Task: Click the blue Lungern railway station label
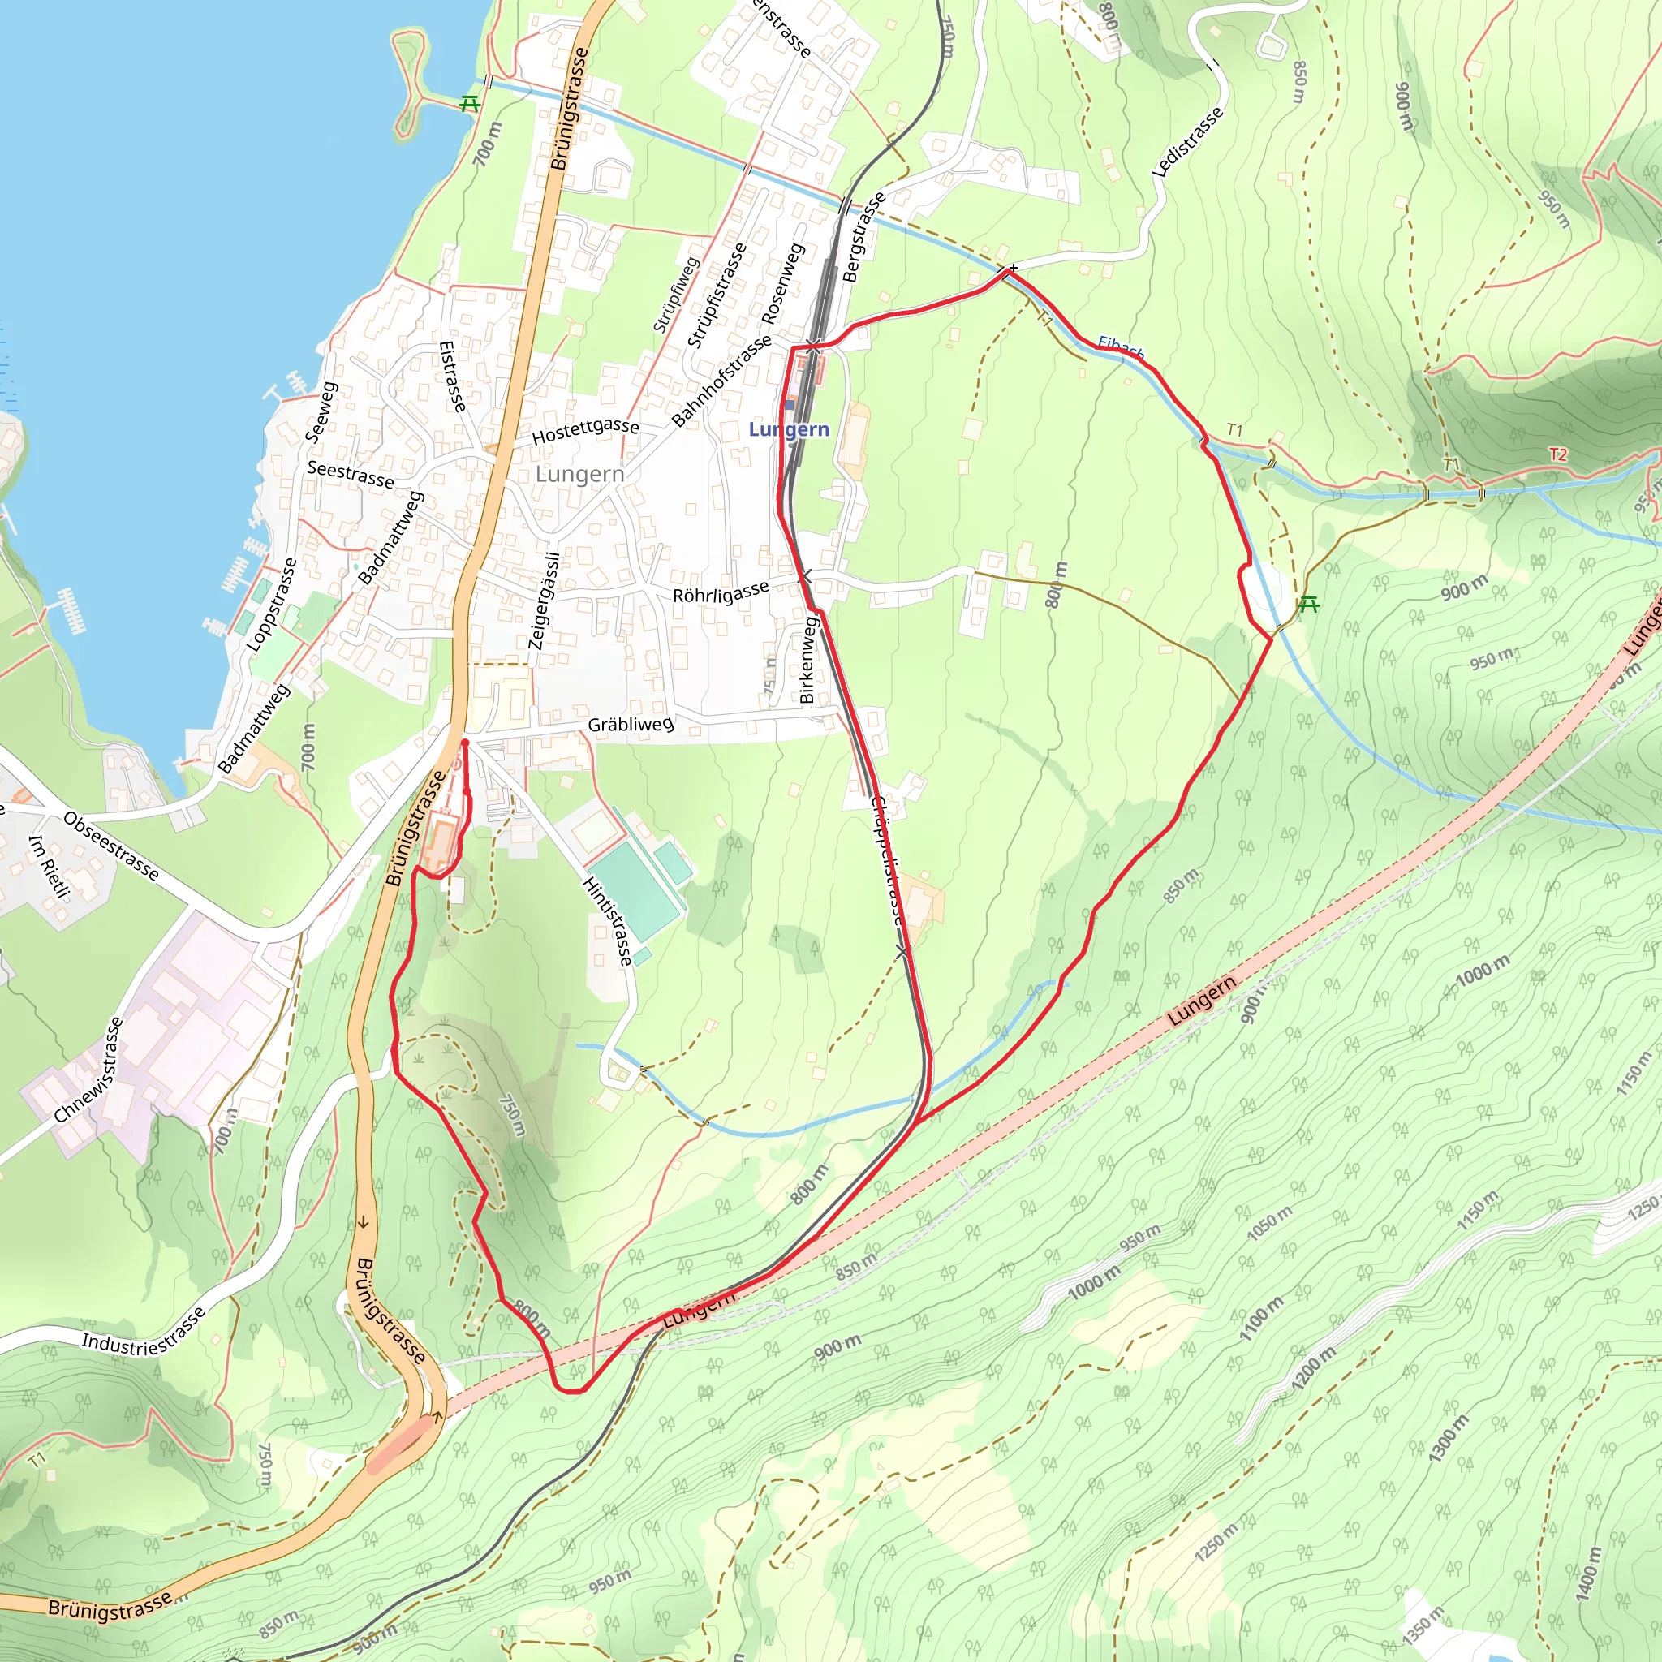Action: [x=789, y=429]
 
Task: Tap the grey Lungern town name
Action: [x=579, y=474]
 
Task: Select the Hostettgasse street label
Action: [x=585, y=431]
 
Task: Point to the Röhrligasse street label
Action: [x=721, y=592]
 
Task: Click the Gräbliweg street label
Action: [x=631, y=725]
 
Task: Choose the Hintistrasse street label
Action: [x=608, y=921]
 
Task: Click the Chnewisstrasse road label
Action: [x=89, y=1070]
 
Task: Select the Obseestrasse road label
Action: [x=111, y=846]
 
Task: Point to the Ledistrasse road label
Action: [x=1187, y=143]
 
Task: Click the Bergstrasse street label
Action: [x=863, y=238]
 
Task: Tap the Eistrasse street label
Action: [x=452, y=376]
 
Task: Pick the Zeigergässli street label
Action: [x=544, y=601]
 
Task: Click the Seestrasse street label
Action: [x=350, y=474]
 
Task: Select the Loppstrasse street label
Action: [x=272, y=605]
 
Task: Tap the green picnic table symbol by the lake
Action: [x=469, y=104]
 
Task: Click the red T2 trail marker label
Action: [x=1558, y=454]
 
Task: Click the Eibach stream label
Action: [x=1121, y=348]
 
